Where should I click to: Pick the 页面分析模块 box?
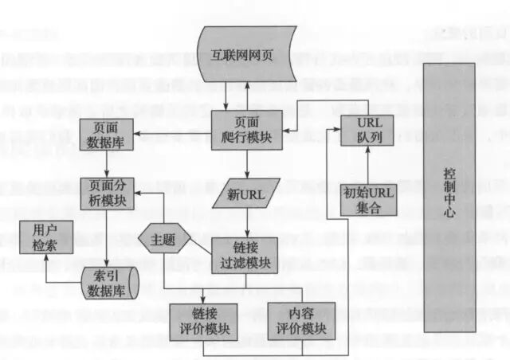(x=107, y=191)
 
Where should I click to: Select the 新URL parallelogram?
(x=246, y=193)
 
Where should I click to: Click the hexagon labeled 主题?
(x=165, y=237)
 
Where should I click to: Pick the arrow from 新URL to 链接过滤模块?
(x=246, y=222)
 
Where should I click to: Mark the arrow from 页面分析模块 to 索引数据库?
(x=108, y=238)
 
